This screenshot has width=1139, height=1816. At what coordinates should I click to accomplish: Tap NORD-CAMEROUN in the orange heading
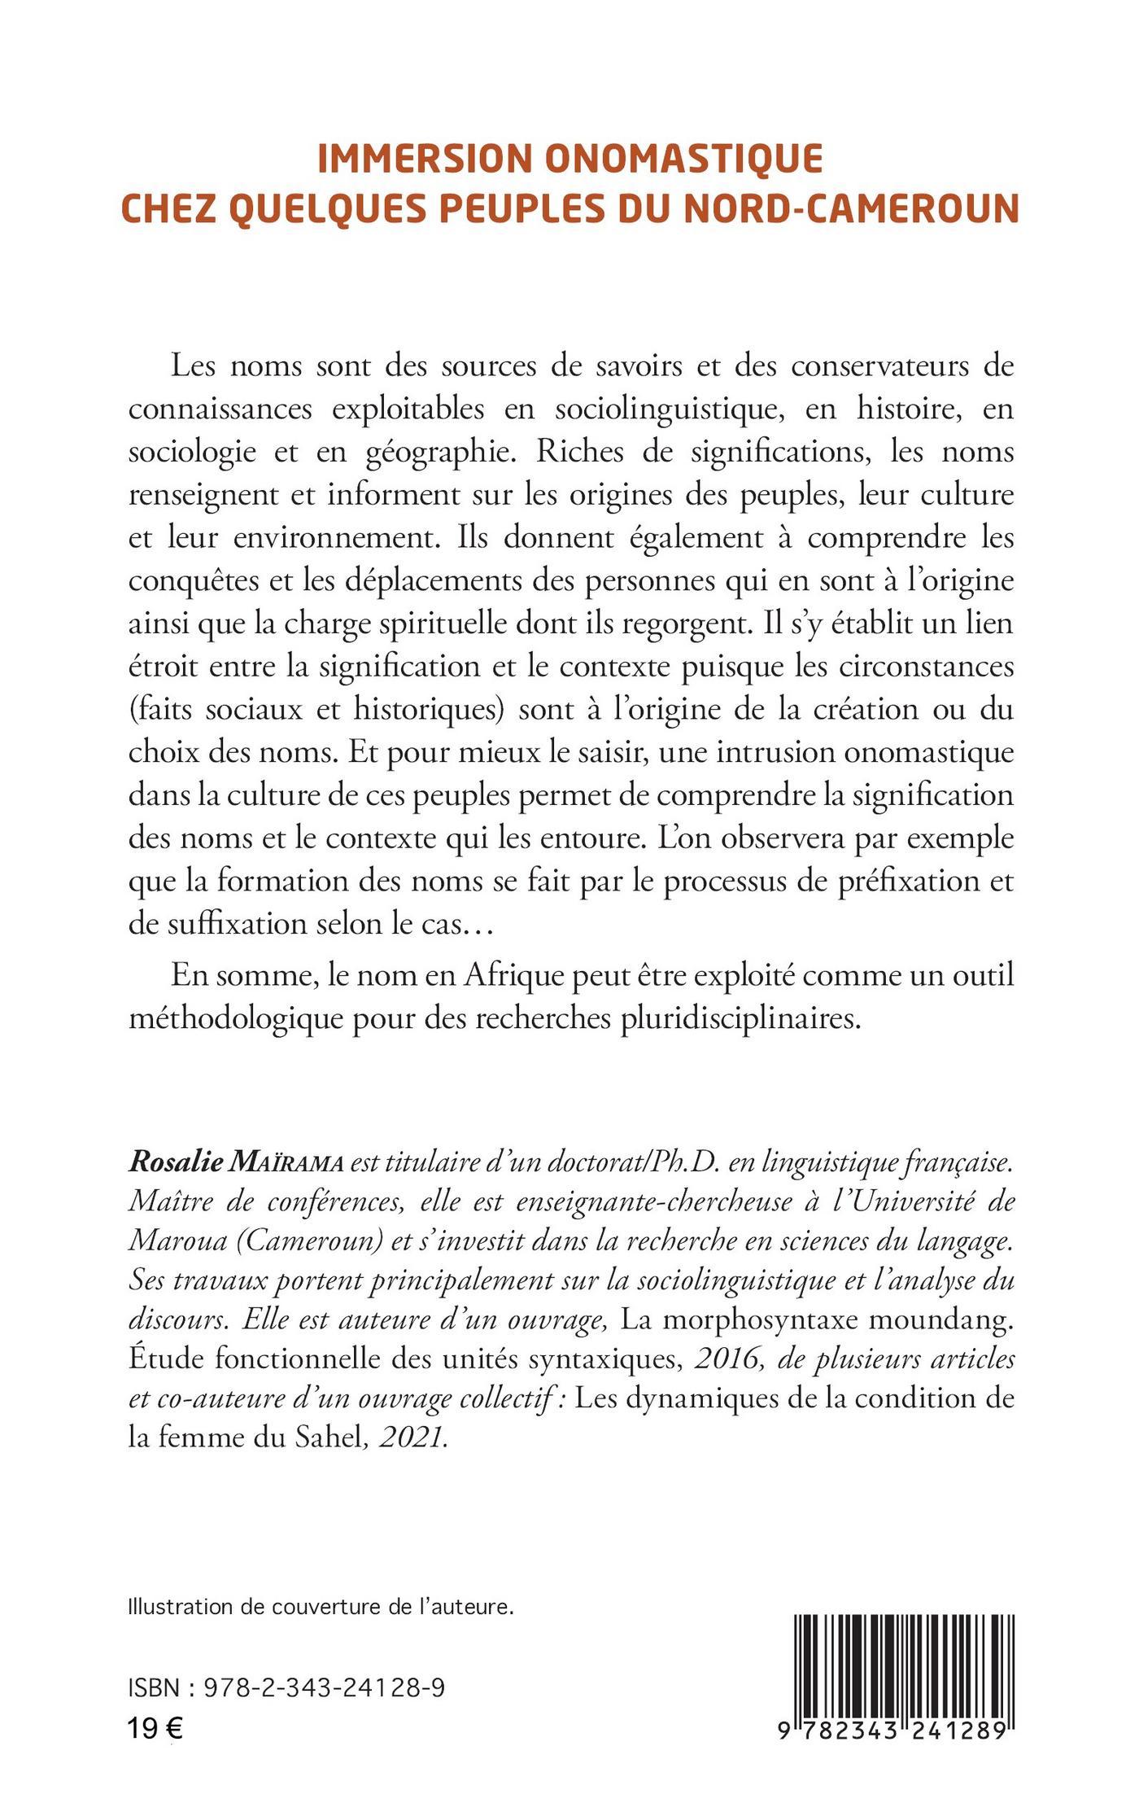(x=851, y=208)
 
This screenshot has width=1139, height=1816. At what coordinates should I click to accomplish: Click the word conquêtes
(x=190, y=583)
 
